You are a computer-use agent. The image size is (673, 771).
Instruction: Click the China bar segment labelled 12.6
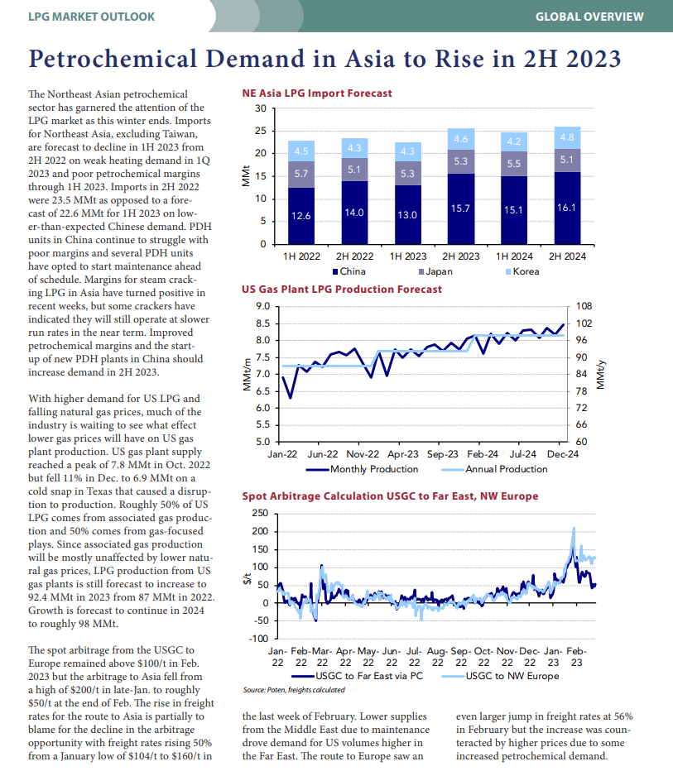[301, 216]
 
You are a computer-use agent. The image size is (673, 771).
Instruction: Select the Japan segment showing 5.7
[301, 174]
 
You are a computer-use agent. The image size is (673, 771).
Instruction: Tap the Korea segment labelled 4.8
[567, 137]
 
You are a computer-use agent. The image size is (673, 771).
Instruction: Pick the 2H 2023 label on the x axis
[461, 256]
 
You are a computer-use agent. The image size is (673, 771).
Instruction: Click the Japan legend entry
[435, 271]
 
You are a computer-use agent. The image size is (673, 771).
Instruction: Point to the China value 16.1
[566, 208]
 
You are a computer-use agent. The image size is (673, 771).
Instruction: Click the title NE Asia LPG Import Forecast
[317, 93]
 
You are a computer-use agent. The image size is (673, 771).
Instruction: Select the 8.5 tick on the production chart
[263, 323]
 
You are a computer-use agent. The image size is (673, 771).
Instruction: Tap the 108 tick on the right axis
[584, 306]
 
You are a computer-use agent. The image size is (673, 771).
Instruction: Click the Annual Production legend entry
[494, 469]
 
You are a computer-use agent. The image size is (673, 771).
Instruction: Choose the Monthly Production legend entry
[362, 469]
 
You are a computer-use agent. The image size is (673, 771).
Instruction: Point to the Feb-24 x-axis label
[483, 454]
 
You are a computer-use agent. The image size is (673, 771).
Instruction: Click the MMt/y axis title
[600, 375]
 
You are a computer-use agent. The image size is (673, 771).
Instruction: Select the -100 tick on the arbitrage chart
[260, 639]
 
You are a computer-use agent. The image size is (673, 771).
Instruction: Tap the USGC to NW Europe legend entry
[500, 676]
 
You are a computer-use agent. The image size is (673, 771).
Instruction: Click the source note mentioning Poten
[294, 690]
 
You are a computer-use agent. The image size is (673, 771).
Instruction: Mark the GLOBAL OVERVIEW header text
[589, 17]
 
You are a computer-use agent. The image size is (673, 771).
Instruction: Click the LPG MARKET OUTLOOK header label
[92, 17]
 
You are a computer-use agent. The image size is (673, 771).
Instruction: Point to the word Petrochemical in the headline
[113, 59]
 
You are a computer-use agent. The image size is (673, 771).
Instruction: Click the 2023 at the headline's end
[594, 59]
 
